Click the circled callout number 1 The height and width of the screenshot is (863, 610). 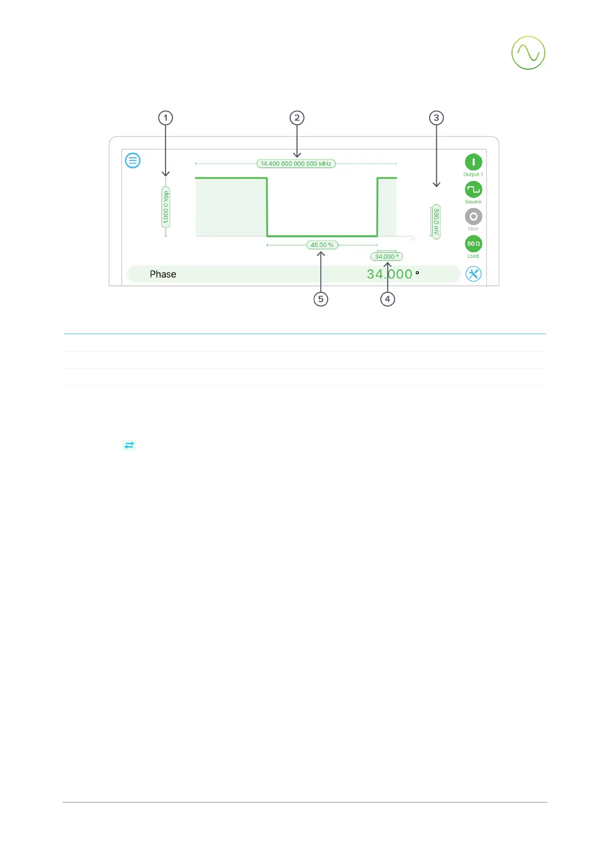(165, 118)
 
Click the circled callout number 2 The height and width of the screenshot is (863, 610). (297, 118)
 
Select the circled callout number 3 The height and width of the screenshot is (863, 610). (436, 118)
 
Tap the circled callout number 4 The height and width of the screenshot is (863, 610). (388, 299)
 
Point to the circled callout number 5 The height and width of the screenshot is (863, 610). (321, 299)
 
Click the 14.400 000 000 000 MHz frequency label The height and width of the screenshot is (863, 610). (296, 164)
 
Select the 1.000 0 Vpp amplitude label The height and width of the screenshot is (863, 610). (166, 207)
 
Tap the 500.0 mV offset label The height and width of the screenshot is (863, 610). (436, 221)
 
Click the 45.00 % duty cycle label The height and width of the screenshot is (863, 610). (322, 245)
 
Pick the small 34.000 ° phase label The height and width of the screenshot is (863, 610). (387, 257)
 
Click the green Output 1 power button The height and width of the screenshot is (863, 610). (473, 162)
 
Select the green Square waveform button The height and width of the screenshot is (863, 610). (473, 190)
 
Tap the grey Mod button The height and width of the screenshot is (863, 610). (473, 217)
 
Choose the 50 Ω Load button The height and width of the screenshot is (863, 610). (473, 244)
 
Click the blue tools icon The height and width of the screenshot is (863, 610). (473, 274)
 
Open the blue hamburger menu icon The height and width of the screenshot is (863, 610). (133, 160)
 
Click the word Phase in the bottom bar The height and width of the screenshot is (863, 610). (163, 274)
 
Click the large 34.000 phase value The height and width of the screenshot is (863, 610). (390, 274)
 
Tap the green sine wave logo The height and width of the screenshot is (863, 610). (528, 53)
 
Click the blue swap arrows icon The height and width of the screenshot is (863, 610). (129, 445)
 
